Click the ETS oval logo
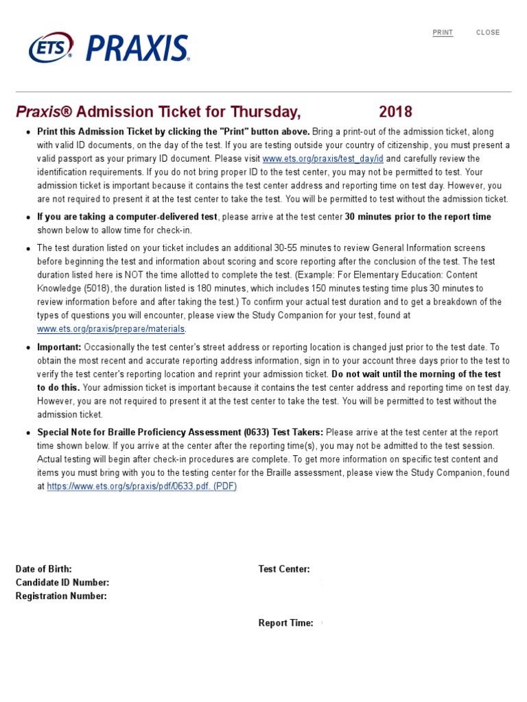point(51,48)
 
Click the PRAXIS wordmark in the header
point(137,49)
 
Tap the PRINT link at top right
point(443,33)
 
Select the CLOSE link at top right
point(488,33)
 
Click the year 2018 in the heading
point(395,112)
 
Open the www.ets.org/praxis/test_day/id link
point(323,159)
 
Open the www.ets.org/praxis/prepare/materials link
point(110,329)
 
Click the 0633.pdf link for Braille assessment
point(141,486)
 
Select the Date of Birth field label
point(43,569)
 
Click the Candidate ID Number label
point(62,583)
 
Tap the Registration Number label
point(61,596)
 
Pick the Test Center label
point(284,569)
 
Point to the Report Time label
point(285,623)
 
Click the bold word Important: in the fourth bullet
point(59,348)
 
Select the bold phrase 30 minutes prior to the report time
point(418,217)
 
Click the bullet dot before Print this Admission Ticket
point(27,132)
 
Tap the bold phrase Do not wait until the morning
point(416,374)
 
